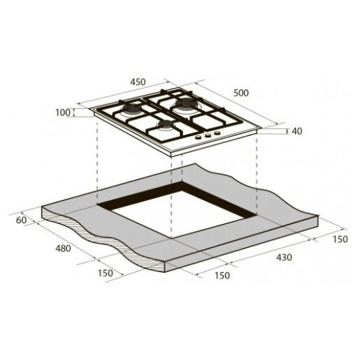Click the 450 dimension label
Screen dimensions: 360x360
[138, 82]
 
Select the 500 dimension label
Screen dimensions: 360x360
[241, 93]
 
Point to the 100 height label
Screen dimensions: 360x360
[63, 112]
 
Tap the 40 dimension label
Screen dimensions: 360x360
[297, 131]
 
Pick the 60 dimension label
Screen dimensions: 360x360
[21, 220]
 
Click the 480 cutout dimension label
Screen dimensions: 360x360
[63, 248]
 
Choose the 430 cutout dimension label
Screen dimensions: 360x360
[284, 257]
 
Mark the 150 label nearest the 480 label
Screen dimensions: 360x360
[105, 273]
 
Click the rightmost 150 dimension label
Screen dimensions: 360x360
[340, 239]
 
